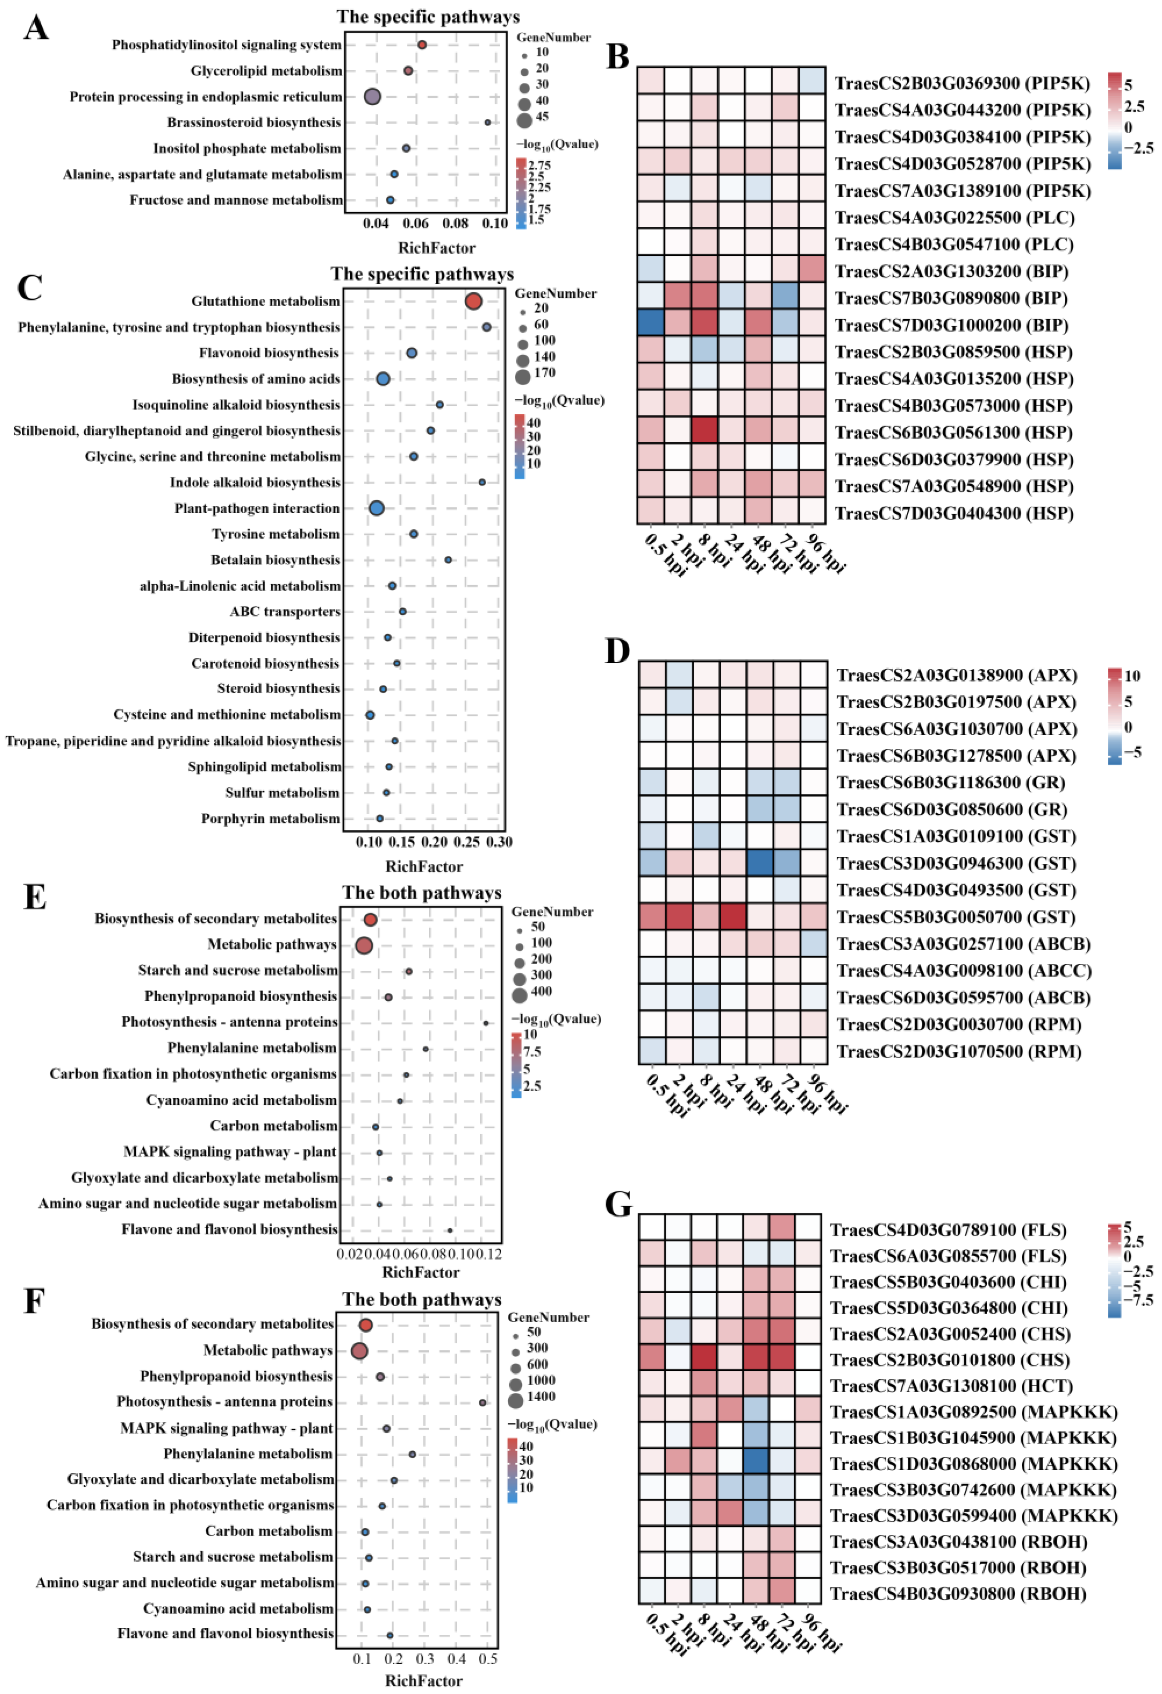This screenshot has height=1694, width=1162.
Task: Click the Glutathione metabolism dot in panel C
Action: tap(473, 301)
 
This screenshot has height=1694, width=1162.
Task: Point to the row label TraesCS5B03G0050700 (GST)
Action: tap(956, 917)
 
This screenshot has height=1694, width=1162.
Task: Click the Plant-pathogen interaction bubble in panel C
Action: tap(376, 508)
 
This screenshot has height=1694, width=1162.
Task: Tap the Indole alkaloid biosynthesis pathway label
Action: tap(254, 482)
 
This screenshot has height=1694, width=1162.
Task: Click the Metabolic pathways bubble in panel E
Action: tap(364, 946)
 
